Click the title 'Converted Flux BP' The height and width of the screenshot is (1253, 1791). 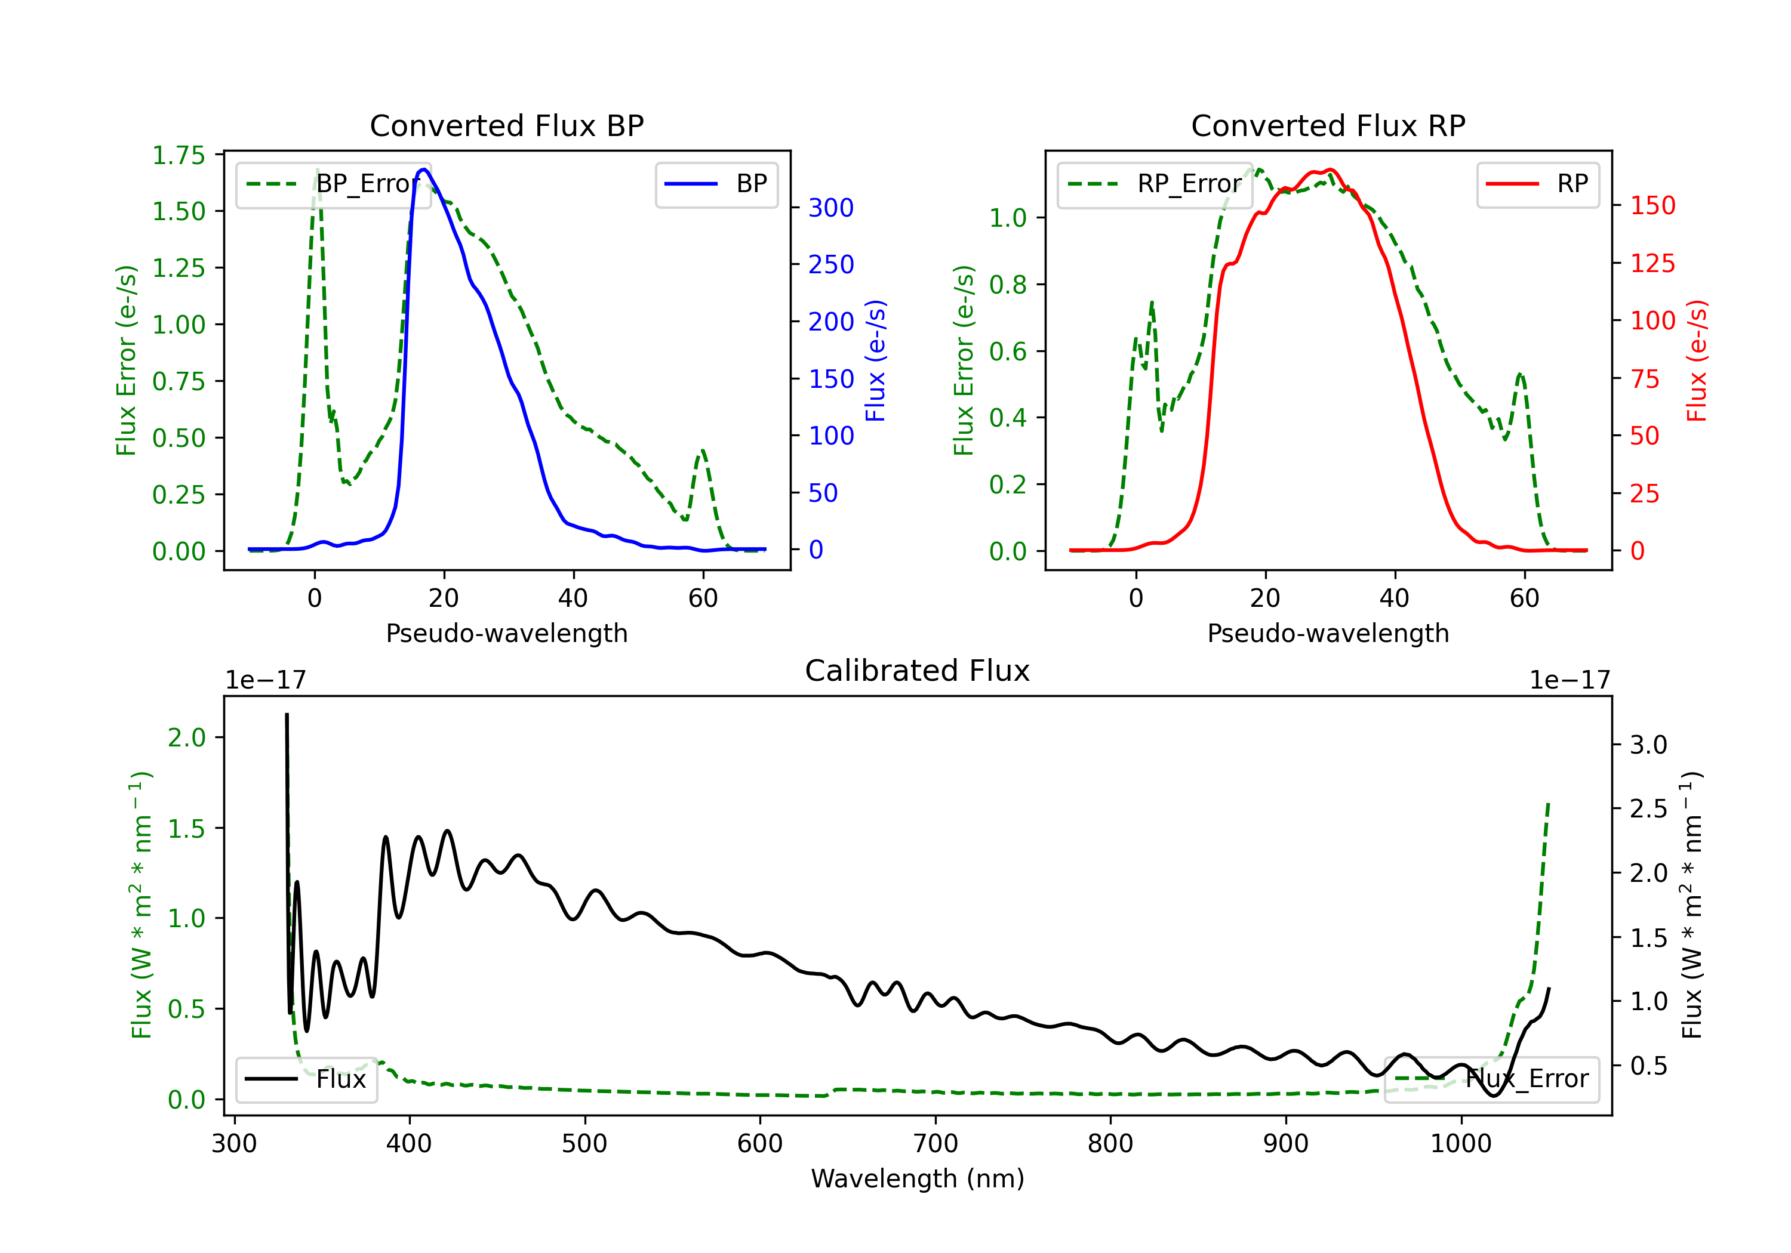(x=507, y=125)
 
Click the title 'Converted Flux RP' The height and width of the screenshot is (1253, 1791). (x=1328, y=125)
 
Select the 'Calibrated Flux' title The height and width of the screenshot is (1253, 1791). (x=918, y=671)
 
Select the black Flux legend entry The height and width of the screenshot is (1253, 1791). (x=306, y=1079)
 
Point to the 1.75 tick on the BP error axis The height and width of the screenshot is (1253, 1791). (x=179, y=155)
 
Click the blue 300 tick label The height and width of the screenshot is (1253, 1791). (x=831, y=208)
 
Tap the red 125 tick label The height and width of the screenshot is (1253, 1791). (x=1652, y=264)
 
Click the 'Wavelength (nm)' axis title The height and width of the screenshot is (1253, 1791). (x=918, y=1178)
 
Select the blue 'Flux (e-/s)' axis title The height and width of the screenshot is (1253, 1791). (x=875, y=361)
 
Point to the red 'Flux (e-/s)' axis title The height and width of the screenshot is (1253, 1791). (x=1697, y=361)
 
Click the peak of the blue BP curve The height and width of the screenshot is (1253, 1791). (x=423, y=169)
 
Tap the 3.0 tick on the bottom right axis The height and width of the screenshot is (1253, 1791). (x=1648, y=745)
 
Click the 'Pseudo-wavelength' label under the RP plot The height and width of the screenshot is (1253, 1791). (x=1328, y=633)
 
